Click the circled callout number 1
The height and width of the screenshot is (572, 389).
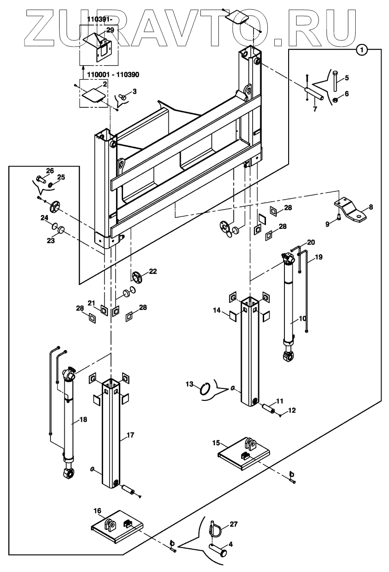363,49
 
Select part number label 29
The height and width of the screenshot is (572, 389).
110,30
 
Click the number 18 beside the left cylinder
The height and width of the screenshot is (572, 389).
83,420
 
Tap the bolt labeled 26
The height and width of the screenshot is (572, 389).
40,178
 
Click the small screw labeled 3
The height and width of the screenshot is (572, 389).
123,97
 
